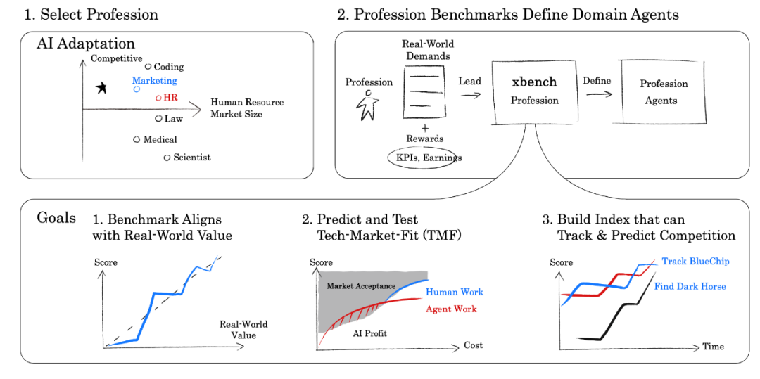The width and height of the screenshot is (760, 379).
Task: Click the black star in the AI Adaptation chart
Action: pyautogui.click(x=101, y=88)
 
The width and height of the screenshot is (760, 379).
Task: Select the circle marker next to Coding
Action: pyautogui.click(x=148, y=66)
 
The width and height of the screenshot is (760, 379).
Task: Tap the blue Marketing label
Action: pyautogui.click(x=155, y=81)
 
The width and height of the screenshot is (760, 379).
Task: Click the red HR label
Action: pyautogui.click(x=170, y=98)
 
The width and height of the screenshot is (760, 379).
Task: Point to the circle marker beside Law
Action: pyautogui.click(x=158, y=119)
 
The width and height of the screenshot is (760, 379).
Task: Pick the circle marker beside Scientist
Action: pyautogui.click(x=167, y=158)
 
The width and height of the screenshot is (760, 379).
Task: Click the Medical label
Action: pyautogui.click(x=160, y=139)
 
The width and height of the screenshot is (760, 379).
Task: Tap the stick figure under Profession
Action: pyautogui.click(x=368, y=105)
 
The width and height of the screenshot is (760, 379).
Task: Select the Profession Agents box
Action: pyautogui.click(x=664, y=91)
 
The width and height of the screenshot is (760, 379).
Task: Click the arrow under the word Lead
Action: pyautogui.click(x=469, y=96)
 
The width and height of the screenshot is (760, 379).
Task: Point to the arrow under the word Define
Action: pyautogui.click(x=599, y=94)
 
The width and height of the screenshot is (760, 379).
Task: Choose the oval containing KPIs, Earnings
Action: pyautogui.click(x=421, y=158)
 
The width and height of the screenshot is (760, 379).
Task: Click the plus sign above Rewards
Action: pyautogui.click(x=425, y=128)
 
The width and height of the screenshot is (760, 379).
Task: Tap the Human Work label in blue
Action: pyautogui.click(x=454, y=293)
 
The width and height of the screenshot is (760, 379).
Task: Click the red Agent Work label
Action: pyautogui.click(x=451, y=309)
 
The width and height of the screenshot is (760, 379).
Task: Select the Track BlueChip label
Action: pyautogui.click(x=695, y=262)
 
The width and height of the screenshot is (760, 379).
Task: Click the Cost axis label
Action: pyautogui.click(x=473, y=345)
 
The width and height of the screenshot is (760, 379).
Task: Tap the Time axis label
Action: pyautogui.click(x=713, y=347)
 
